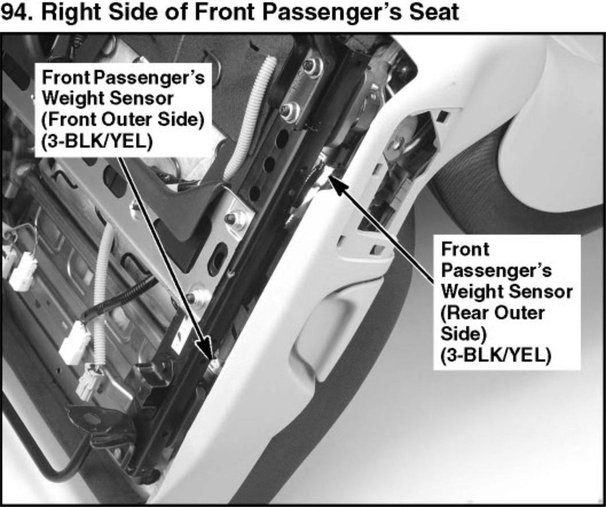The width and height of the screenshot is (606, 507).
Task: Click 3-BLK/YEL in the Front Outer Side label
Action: coord(97,141)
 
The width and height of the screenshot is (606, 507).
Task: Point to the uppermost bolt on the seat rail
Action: coord(312,67)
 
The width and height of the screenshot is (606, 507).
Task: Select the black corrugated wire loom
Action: coord(120,295)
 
